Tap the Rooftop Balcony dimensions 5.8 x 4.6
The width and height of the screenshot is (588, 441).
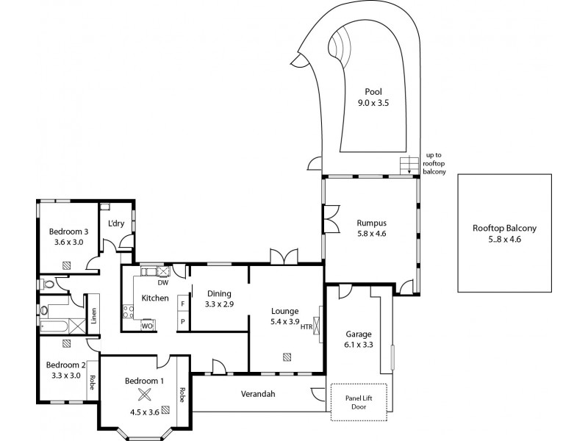click(504, 240)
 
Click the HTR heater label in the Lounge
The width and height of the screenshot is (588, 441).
click(306, 327)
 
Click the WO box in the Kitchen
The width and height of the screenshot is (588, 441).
click(147, 325)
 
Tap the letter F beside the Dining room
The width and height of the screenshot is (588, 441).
click(182, 304)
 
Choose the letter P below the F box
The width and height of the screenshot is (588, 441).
click(182, 321)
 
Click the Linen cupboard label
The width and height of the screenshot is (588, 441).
click(93, 315)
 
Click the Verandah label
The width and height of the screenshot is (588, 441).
click(258, 394)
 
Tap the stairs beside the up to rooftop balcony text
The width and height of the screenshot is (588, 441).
click(409, 165)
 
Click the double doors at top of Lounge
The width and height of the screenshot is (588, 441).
click(284, 257)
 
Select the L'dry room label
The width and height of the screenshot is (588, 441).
click(115, 223)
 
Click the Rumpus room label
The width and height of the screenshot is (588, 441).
click(371, 223)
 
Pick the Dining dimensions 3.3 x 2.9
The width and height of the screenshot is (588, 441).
click(219, 304)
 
